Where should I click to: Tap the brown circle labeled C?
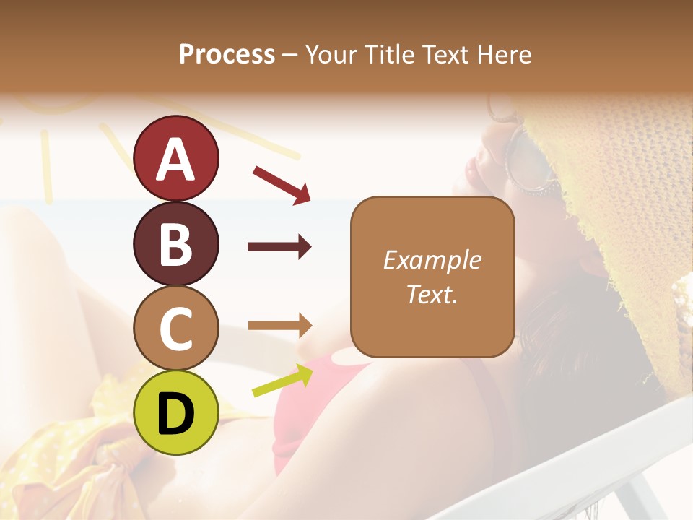coord(175,328)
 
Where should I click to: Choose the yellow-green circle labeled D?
coord(175,412)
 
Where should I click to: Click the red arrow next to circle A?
coord(282,185)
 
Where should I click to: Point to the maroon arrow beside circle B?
coord(279,247)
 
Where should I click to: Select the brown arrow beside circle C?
coord(279,326)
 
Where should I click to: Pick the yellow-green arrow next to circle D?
coord(282,381)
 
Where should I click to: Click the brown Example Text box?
coord(432,277)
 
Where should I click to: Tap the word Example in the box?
coord(432,260)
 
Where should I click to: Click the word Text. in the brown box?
coord(432,295)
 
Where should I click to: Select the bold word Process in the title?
coord(227,54)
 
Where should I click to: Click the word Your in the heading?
coord(330,54)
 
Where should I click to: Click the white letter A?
coord(175,159)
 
